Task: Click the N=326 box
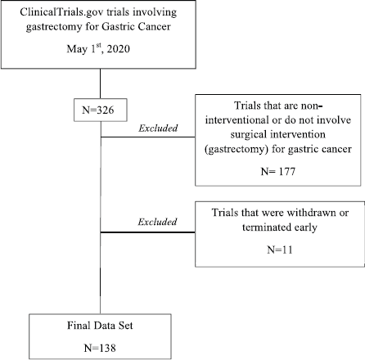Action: click(101, 110)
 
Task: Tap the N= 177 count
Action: click(278, 172)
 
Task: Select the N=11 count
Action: click(280, 250)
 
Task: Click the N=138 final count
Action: click(100, 348)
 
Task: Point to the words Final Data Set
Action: click(100, 326)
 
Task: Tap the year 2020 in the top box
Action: click(119, 49)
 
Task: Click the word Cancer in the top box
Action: click(154, 26)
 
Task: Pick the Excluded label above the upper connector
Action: click(158, 128)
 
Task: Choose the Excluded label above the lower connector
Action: click(157, 222)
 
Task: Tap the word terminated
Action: click(263, 227)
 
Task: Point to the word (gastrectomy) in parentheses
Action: click(237, 149)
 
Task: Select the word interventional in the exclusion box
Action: click(237, 119)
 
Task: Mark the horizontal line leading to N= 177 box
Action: click(148, 137)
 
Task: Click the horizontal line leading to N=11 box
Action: click(148, 232)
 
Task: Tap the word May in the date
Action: click(77, 49)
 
